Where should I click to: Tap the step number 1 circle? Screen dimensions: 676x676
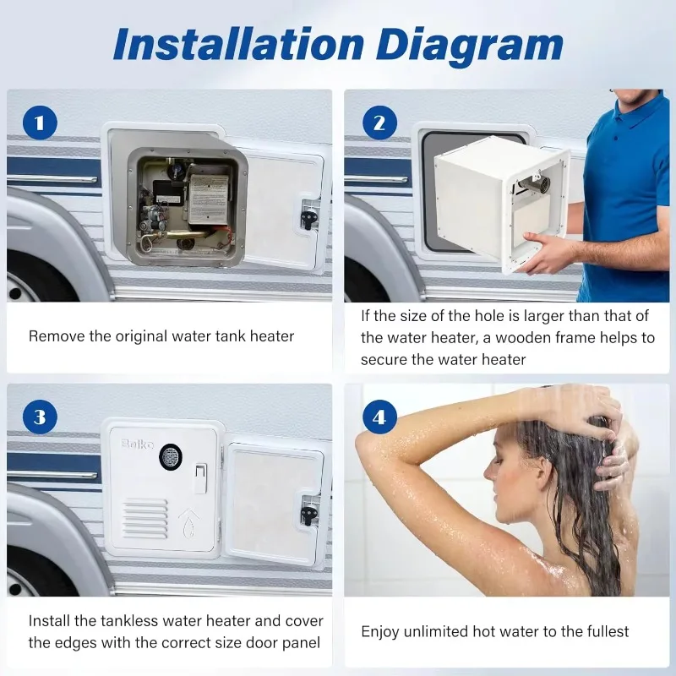(x=40, y=124)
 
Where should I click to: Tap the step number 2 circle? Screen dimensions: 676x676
(x=379, y=124)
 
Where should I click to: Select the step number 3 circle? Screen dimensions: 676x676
(x=40, y=417)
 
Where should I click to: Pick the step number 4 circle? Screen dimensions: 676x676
(x=379, y=417)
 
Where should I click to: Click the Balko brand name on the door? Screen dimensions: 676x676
(x=137, y=443)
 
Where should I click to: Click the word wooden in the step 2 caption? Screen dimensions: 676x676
(x=523, y=338)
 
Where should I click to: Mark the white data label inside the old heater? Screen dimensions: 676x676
(x=208, y=199)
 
